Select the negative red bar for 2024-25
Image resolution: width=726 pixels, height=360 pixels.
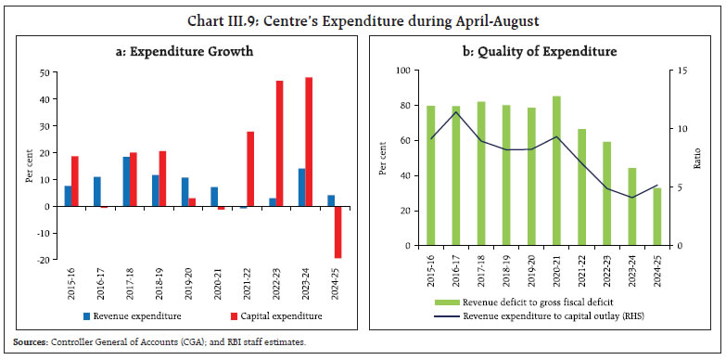coord(338,232)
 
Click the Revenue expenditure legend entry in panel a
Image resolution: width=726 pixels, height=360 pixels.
coord(139,315)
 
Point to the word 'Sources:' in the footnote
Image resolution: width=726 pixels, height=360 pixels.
coord(27,342)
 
